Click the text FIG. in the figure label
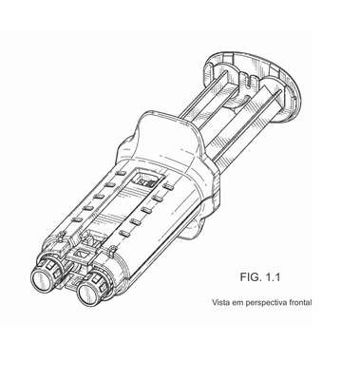pos(251,277)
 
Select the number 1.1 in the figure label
pos(273,277)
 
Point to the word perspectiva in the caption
pos(266,303)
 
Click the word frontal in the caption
pos(300,302)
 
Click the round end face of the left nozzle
pos(43,279)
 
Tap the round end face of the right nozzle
pos(89,294)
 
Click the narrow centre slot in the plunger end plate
pos(250,83)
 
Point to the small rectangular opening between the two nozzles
pos(83,255)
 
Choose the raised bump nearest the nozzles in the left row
pos(77,219)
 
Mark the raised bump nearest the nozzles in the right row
pos(124,234)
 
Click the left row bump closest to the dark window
pos(121,173)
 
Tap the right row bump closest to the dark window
pos(168,187)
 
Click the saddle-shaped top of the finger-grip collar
pos(167,133)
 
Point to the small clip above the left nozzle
pos(61,237)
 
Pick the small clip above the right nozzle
pos(112,252)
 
